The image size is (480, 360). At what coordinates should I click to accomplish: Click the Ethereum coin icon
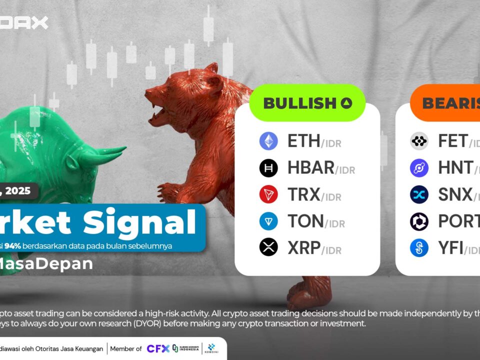click(268, 141)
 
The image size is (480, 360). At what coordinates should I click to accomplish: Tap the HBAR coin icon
click(268, 168)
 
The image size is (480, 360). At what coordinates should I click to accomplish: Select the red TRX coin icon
click(268, 194)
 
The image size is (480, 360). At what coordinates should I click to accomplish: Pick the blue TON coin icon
click(268, 221)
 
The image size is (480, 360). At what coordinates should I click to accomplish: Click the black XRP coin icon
click(268, 247)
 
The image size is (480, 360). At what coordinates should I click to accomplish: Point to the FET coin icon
click(419, 141)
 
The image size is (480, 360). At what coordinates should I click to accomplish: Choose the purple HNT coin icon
click(419, 168)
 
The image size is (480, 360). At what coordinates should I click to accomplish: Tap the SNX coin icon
click(419, 194)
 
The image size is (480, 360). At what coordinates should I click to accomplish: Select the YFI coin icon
click(419, 247)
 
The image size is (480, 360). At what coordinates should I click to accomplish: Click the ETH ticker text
click(303, 141)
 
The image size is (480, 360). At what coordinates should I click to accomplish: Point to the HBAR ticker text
click(310, 168)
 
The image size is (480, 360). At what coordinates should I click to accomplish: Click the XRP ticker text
click(303, 247)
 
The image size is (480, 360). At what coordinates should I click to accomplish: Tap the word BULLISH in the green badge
click(299, 103)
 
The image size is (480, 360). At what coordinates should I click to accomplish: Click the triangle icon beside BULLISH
click(346, 103)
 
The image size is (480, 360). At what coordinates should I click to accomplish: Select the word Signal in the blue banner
click(145, 224)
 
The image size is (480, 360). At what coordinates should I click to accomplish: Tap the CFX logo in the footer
click(157, 348)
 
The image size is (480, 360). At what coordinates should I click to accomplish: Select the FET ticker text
click(452, 141)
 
